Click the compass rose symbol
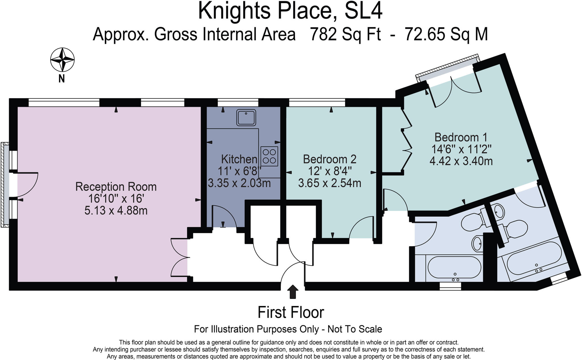62,60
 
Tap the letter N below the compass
62,78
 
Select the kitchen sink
246,117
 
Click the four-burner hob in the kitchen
269,156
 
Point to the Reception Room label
116,187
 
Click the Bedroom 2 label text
330,159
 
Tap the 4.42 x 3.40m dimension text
461,161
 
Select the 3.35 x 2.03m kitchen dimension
239,183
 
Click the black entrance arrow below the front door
293,292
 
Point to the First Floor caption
291,313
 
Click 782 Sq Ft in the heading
345,34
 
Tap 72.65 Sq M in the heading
446,34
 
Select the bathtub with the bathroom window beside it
454,268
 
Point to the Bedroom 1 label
461,137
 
